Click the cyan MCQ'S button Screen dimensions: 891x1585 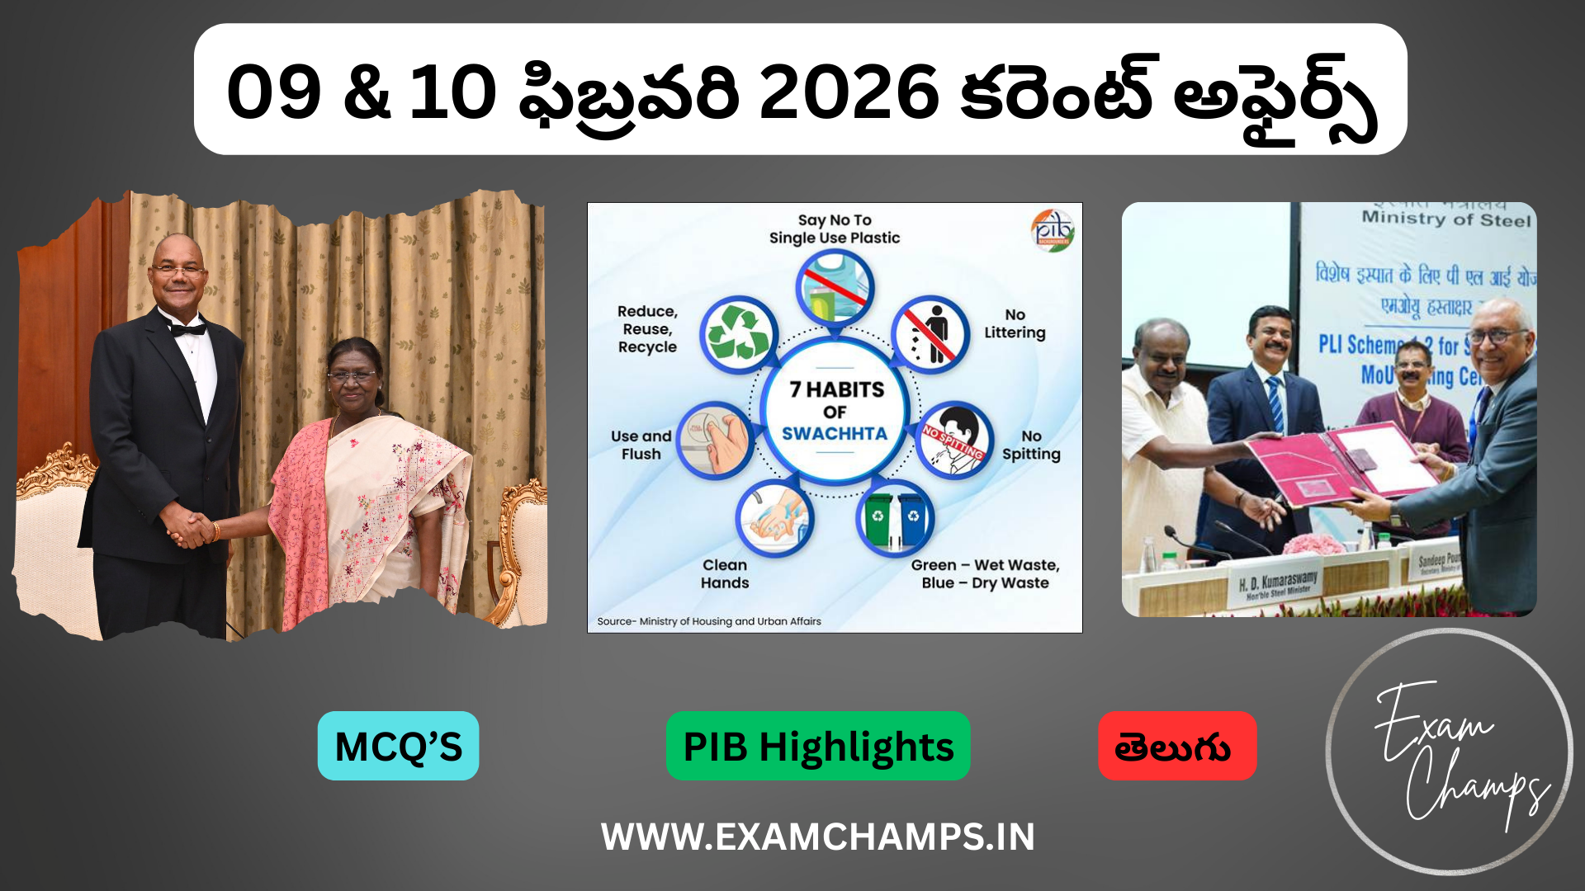[x=398, y=746]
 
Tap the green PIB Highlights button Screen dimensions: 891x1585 [x=817, y=746]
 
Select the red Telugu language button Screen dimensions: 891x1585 [x=1176, y=746]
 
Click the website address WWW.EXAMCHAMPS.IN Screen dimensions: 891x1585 [x=817, y=837]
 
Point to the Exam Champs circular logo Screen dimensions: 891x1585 [x=1450, y=751]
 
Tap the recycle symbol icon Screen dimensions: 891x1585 [x=738, y=335]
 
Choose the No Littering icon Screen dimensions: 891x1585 [x=930, y=335]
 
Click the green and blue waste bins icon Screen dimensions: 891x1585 [x=895, y=518]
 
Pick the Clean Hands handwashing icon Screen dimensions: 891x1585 [x=774, y=518]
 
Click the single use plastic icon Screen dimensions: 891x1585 [x=835, y=288]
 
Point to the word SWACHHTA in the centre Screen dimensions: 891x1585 [x=835, y=434]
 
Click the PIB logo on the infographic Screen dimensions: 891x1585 [x=1053, y=229]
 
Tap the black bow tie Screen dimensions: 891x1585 [x=188, y=329]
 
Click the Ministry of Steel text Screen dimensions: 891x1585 [x=1446, y=219]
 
